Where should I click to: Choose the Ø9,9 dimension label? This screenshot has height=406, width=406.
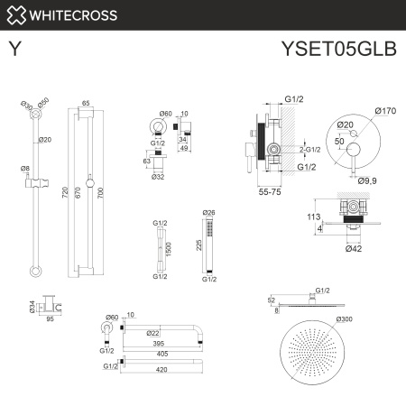pos(366,180)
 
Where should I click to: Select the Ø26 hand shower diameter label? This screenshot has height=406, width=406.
pos(210,213)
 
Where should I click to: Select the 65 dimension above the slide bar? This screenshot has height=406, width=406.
pos(85,104)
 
